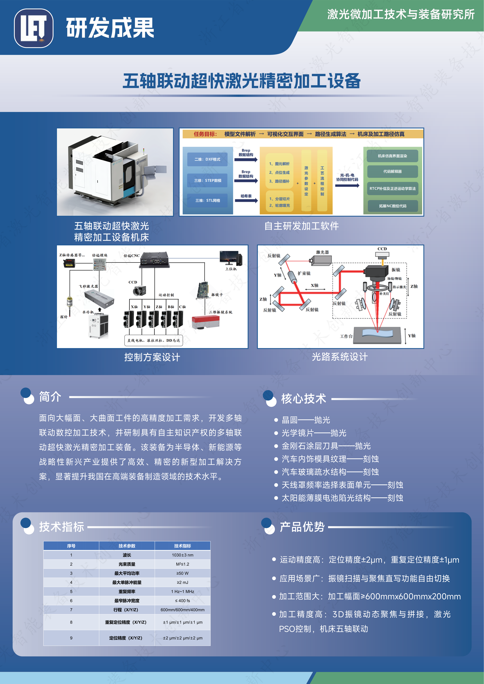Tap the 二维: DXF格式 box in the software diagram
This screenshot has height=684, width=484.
click(207, 159)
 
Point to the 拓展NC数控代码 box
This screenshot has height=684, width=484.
click(393, 206)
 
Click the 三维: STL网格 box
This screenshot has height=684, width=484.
click(207, 200)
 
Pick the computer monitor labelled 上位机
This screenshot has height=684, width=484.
click(231, 258)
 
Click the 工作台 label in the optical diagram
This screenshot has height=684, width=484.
click(346, 336)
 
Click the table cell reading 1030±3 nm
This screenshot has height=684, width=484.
click(182, 555)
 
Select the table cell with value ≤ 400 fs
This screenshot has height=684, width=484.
click(182, 601)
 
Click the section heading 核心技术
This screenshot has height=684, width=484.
click(303, 399)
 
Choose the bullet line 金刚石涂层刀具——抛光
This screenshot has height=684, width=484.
click(326, 446)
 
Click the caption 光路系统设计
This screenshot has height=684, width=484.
click(340, 357)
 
